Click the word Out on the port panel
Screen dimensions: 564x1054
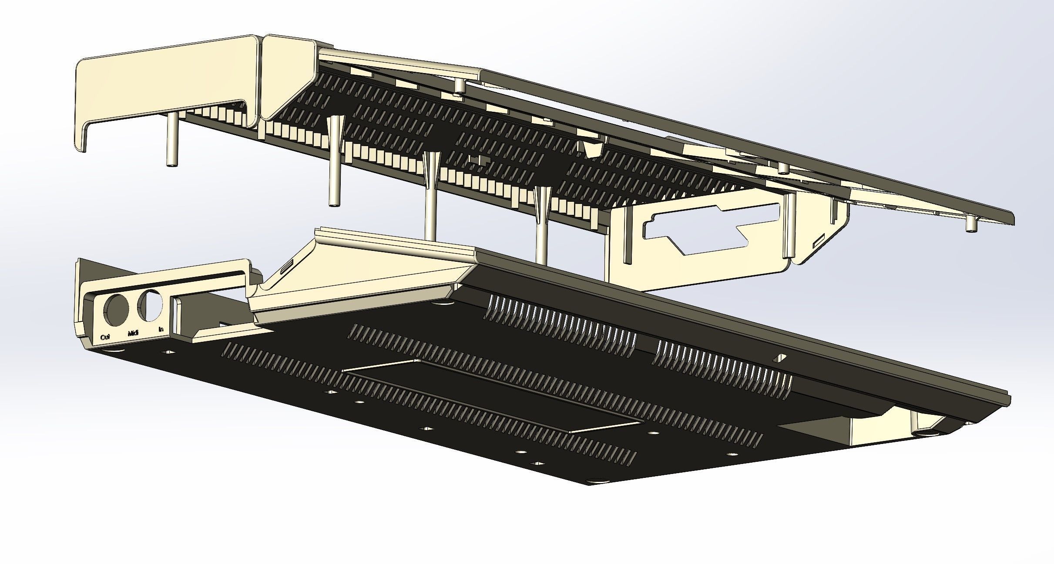(x=105, y=337)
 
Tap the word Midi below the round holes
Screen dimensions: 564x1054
(x=133, y=334)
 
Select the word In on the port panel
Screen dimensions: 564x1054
(x=161, y=330)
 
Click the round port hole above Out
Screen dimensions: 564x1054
(x=116, y=309)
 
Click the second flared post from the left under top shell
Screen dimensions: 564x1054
(x=430, y=196)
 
